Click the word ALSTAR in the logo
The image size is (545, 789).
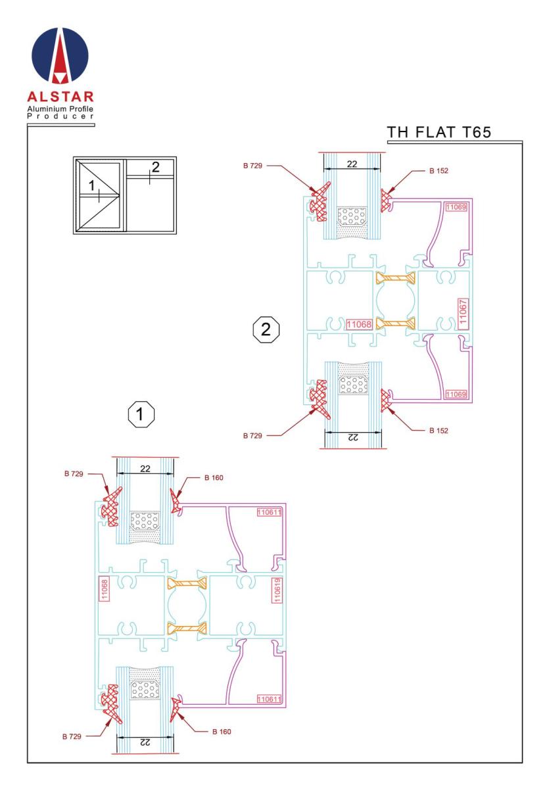pos(60,97)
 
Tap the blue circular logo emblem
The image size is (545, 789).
pos(60,55)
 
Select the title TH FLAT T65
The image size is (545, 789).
pos(438,132)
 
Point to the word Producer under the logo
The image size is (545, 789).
pos(60,116)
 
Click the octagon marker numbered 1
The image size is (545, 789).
pos(141,414)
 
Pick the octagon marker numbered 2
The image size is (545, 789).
pos(266,329)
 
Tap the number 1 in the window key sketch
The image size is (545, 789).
pos(91,185)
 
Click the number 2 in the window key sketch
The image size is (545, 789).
pos(155,167)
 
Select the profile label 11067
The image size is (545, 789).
pos(463,312)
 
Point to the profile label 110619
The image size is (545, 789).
pos(277,590)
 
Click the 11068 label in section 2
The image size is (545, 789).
pos(359,324)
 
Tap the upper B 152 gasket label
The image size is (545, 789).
pos(438,171)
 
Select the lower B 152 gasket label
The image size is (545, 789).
pos(438,431)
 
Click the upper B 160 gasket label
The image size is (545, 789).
pos(214,477)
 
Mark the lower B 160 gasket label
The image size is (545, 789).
pos(222,732)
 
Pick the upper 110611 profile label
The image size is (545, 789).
pos(269,512)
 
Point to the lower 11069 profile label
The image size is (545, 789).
pos(456,394)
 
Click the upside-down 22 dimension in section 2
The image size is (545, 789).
pos(352,437)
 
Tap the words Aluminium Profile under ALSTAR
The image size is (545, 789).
pos(60,109)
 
